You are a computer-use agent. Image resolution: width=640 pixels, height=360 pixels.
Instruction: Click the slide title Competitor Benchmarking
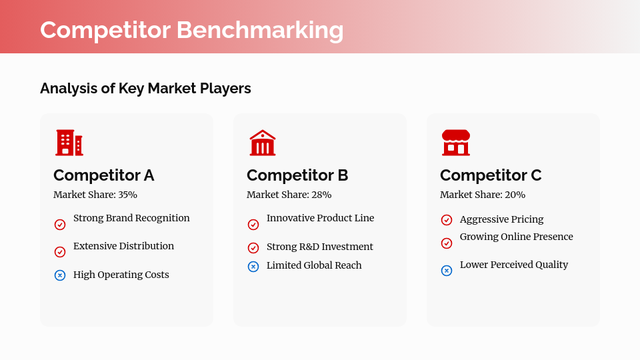pos(191,30)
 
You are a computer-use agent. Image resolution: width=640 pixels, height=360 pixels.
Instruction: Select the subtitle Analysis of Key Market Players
pos(145,88)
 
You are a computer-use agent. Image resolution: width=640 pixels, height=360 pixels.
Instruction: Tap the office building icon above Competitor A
pos(69,143)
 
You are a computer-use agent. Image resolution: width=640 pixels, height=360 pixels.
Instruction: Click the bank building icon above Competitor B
pos(263,143)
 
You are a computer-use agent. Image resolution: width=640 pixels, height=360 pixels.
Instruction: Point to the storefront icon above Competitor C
pos(456,143)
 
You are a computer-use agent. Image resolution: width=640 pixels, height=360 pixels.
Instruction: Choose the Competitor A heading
pos(103,175)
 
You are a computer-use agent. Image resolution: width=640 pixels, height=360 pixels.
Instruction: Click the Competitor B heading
pos(297,175)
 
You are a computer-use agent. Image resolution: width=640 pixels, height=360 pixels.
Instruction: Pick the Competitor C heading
pos(491,175)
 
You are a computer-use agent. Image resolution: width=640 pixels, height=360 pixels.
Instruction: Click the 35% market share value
pos(127,195)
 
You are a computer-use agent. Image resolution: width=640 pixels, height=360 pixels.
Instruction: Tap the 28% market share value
pos(321,195)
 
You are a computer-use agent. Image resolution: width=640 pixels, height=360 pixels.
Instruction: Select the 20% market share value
pos(515,195)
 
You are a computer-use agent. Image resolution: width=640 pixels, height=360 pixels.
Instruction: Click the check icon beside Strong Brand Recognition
pos(60,225)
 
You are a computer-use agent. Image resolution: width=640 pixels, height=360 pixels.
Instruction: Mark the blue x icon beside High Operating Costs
pos(60,275)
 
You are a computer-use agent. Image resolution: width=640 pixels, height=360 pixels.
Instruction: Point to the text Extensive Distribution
pos(123,246)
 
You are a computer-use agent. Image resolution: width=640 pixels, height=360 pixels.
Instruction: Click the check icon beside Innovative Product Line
pos(253,225)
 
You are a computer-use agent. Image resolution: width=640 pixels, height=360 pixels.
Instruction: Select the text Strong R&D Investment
pos(320,247)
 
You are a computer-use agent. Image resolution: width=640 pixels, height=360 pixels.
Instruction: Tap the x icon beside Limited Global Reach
pos(253,267)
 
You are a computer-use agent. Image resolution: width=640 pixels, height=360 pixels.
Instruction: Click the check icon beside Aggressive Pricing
pos(447,220)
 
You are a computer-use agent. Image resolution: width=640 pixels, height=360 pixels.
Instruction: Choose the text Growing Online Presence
pos(516,237)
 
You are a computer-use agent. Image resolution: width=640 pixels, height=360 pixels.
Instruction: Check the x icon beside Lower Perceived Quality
pos(447,271)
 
